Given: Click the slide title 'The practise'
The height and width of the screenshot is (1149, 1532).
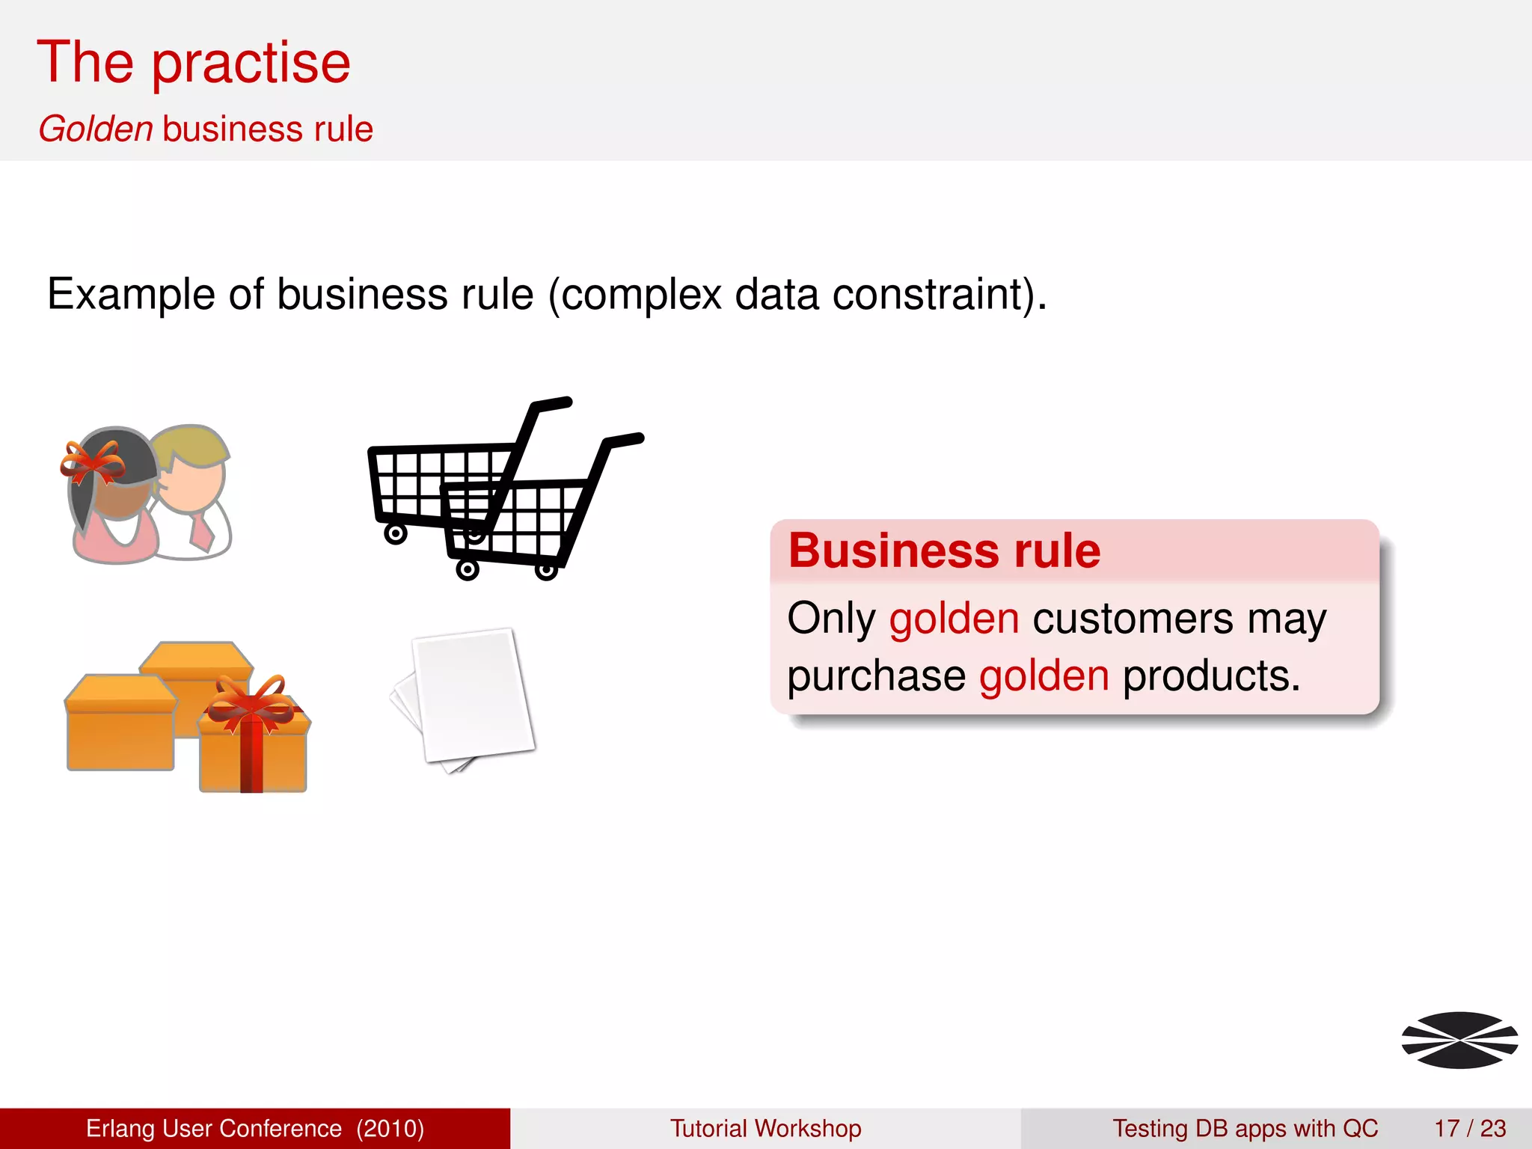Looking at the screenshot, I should [194, 63].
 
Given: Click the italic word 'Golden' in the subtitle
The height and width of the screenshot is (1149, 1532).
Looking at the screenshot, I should [96, 129].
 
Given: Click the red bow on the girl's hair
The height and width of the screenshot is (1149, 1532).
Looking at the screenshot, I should [93, 462].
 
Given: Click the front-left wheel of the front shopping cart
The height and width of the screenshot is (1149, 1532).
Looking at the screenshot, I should [468, 570].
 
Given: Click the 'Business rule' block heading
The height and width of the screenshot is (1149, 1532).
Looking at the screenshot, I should [944, 551].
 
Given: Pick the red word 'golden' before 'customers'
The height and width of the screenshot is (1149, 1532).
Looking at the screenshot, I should [954, 619].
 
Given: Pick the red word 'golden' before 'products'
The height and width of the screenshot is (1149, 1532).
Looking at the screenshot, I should [1044, 676].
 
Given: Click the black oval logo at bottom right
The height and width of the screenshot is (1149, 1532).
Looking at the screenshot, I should [1459, 1040].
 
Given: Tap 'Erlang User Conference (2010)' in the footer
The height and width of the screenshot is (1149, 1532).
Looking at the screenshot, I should [255, 1128].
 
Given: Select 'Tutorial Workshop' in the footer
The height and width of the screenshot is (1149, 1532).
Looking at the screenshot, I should [765, 1128].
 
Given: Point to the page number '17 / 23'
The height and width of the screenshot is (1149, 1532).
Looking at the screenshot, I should [1470, 1128].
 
